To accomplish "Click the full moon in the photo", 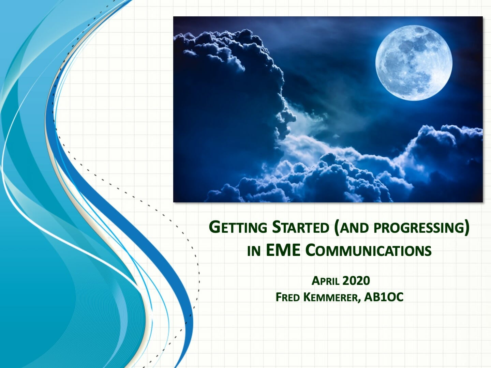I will (414, 64).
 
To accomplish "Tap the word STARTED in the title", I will (300, 227).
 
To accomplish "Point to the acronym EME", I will (283, 250).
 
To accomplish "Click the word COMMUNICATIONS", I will (368, 250).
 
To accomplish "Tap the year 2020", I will (356, 280).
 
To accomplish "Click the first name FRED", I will (287, 297).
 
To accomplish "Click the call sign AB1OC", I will (384, 297).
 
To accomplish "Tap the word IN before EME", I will (254, 251).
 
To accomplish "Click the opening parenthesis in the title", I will (337, 228).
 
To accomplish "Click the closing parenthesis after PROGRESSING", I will (466, 228).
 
